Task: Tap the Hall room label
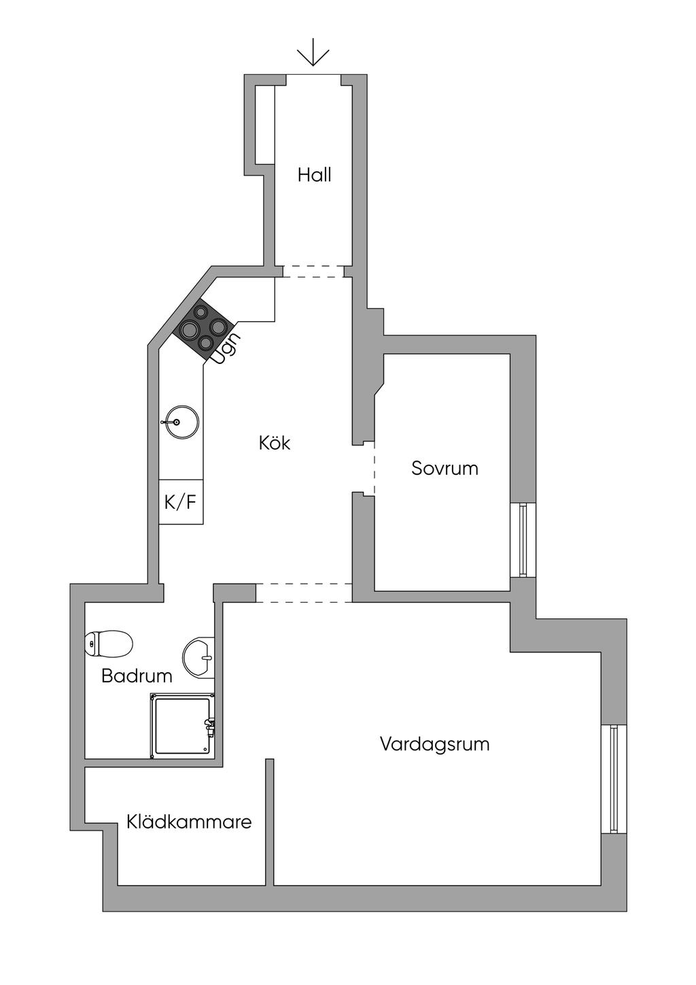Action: click(x=314, y=175)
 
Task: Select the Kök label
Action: click(x=275, y=443)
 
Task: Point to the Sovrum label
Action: click(x=445, y=468)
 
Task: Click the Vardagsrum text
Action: click(x=434, y=744)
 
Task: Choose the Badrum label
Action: click(x=137, y=675)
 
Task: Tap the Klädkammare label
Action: click(x=189, y=822)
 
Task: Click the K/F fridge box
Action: click(x=181, y=502)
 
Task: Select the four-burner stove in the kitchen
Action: click(x=203, y=327)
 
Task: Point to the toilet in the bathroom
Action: click(x=108, y=644)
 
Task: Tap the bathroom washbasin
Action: click(x=199, y=658)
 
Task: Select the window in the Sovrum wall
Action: click(x=523, y=540)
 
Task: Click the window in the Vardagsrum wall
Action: click(x=613, y=780)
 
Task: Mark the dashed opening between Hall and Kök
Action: click(x=313, y=271)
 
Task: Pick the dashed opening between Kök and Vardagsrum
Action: click(x=303, y=592)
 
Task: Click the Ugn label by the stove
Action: click(x=226, y=348)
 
